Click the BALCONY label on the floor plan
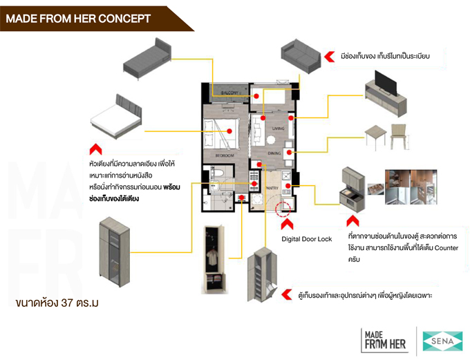pos(229,93)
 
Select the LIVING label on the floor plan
pos(278,129)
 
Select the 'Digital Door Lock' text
pos(306,239)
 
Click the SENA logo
pos(443,341)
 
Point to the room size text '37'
pos(67,303)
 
